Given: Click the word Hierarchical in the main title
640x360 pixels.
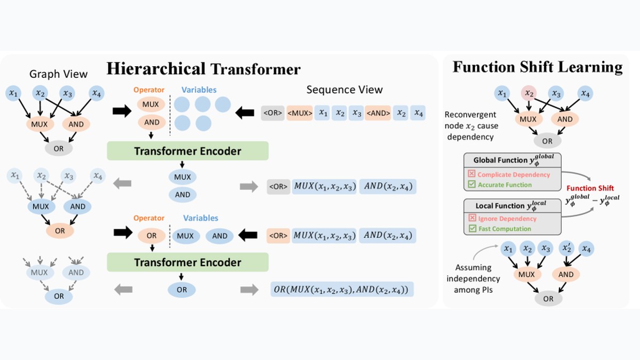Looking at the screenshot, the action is (156, 69).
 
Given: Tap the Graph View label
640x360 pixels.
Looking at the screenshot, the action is (58, 74).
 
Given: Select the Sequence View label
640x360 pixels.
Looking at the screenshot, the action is (345, 90).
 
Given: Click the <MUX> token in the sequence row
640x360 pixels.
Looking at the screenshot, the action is (300, 113).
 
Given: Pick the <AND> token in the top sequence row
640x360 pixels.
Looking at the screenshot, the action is (378, 113).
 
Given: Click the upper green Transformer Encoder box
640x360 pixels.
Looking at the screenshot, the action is (188, 151).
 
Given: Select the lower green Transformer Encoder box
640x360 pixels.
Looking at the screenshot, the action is (188, 262).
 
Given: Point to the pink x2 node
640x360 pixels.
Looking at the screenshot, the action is (529, 93).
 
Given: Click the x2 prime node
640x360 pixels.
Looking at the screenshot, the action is (567, 248).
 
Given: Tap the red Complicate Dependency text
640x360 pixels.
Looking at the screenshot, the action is (514, 174).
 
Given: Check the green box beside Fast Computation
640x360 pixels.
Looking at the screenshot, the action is (473, 229).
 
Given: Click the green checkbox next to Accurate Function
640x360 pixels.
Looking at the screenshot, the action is (471, 185).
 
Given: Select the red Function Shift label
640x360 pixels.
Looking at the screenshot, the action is (590, 188).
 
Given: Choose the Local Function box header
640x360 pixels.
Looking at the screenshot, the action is (513, 206).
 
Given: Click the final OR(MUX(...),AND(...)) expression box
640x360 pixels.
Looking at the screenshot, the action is (342, 289).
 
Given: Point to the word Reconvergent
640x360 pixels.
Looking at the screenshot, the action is (470, 115).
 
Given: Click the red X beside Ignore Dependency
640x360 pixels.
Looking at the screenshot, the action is (473, 218).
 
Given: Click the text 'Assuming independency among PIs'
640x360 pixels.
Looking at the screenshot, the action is (473, 278).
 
